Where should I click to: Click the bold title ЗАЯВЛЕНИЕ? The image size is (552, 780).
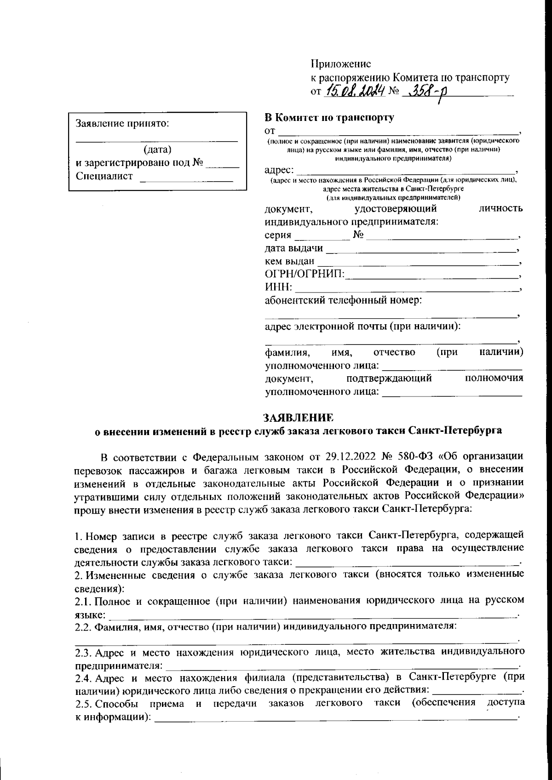[x=298, y=418]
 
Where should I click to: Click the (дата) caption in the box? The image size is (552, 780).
[x=157, y=149]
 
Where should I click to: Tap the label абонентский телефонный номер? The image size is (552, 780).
[x=344, y=301]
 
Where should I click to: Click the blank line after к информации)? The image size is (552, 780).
[x=336, y=718]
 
